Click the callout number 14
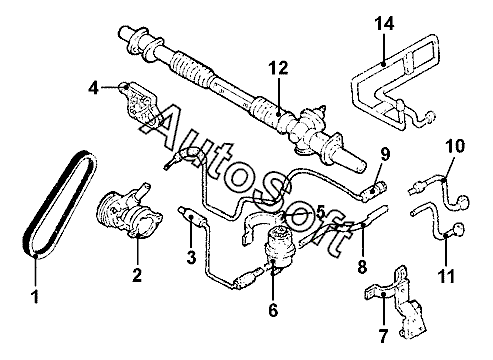(384, 23)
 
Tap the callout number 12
(279, 68)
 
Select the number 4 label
(94, 88)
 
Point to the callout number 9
(385, 154)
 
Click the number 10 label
(455, 146)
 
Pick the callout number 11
(446, 276)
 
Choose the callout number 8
(362, 267)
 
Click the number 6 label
(273, 310)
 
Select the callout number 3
(191, 257)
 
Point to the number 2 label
(137, 275)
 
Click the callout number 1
(35, 296)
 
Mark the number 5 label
(320, 212)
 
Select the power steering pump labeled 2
(128, 211)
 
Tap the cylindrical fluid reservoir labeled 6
(279, 243)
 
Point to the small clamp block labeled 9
(374, 191)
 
